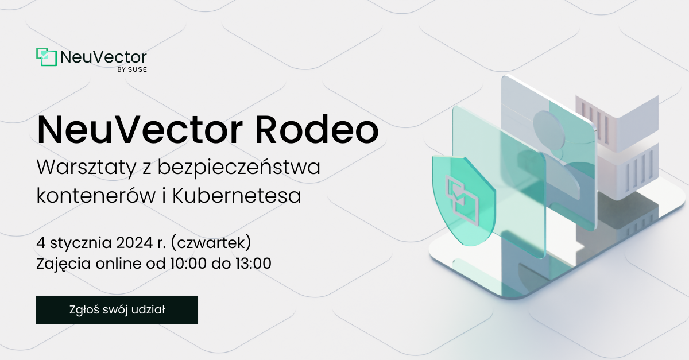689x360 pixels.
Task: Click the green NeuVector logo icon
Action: [x=47, y=57]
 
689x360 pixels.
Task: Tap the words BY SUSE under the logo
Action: [x=132, y=70]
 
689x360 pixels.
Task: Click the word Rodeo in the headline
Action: [x=317, y=130]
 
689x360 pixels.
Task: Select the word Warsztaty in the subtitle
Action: [x=87, y=168]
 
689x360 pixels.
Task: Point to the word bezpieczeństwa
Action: [x=239, y=167]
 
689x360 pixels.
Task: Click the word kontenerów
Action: [x=96, y=195]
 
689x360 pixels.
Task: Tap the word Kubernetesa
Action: [x=236, y=195]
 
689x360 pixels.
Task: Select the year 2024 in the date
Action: [x=134, y=243]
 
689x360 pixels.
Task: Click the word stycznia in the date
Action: [x=81, y=243]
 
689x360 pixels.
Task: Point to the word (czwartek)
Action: [x=211, y=243]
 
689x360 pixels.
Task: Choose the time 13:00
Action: [x=253, y=264]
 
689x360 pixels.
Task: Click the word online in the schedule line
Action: [x=118, y=264]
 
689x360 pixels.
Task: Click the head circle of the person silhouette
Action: [x=549, y=130]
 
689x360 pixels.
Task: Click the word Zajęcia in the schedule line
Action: [x=63, y=264]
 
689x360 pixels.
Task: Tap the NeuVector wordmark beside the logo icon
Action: [x=104, y=57]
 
